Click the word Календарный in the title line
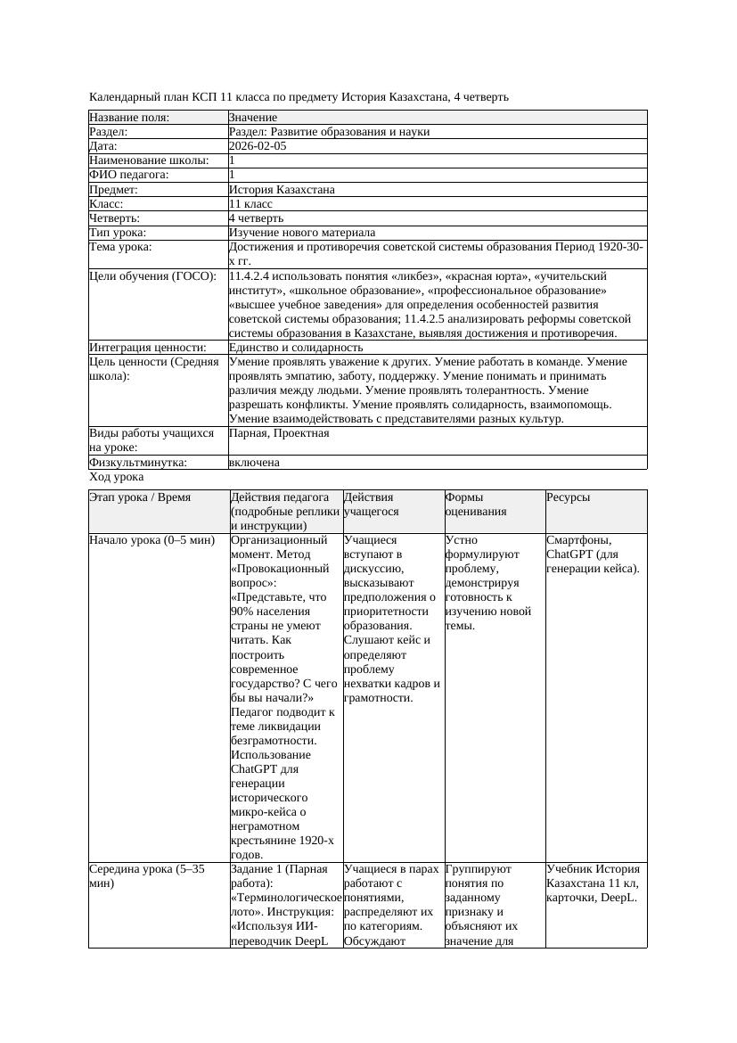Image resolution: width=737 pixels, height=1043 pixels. [x=120, y=96]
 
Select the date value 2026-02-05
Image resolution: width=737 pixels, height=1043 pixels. [x=258, y=145]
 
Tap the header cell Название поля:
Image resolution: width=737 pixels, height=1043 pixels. [x=129, y=117]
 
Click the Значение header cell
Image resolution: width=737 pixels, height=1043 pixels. [x=253, y=117]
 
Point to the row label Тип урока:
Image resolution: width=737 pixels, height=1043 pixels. [x=123, y=232]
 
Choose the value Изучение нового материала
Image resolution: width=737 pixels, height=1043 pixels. [x=302, y=232]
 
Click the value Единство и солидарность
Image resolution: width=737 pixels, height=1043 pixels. [x=296, y=347]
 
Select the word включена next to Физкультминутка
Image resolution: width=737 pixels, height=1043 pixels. [x=254, y=463]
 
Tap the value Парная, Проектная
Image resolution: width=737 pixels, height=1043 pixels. [x=279, y=433]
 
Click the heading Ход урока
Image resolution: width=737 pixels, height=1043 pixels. [x=116, y=477]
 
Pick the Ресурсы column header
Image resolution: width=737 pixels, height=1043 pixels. [x=569, y=497]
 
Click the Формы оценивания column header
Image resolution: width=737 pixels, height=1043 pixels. [x=476, y=505]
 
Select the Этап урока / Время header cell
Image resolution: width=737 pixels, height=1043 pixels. [x=140, y=497]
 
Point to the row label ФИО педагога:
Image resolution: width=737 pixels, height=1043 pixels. [x=129, y=175]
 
